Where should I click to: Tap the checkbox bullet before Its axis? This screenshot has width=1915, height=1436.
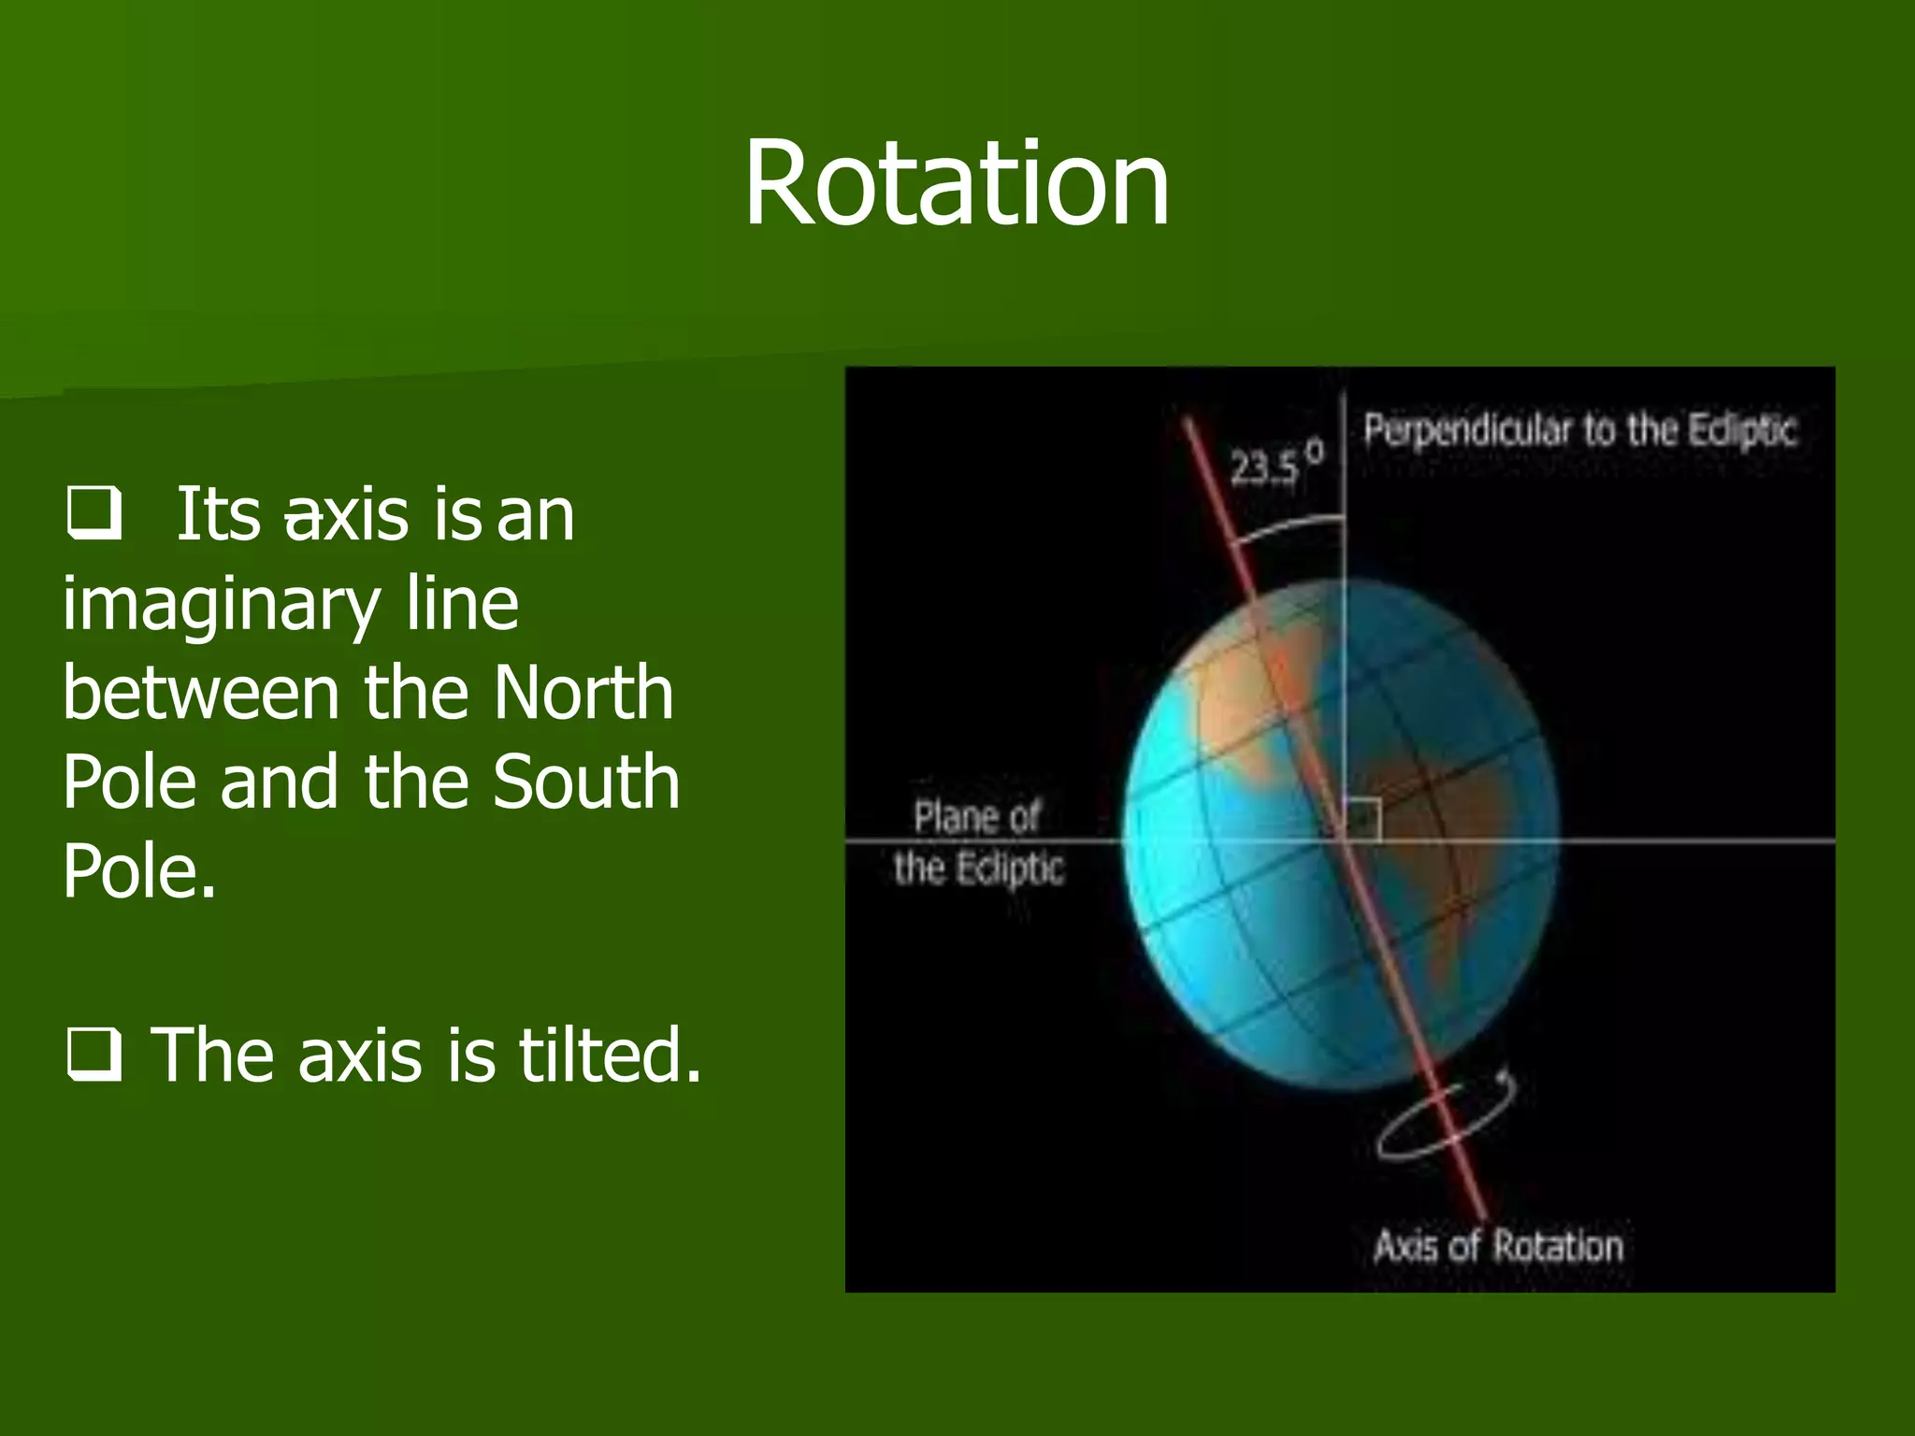[x=94, y=513]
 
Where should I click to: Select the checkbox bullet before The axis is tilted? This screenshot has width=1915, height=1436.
[x=94, y=1055]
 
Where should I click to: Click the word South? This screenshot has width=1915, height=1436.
[x=586, y=782]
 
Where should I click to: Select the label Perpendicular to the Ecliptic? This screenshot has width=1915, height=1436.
[x=1579, y=430]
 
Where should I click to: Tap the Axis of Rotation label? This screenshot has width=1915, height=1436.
[x=1498, y=1246]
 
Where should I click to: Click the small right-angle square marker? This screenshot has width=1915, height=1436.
[x=1362, y=819]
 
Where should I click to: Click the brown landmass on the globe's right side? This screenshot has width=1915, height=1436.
[x=1440, y=823]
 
